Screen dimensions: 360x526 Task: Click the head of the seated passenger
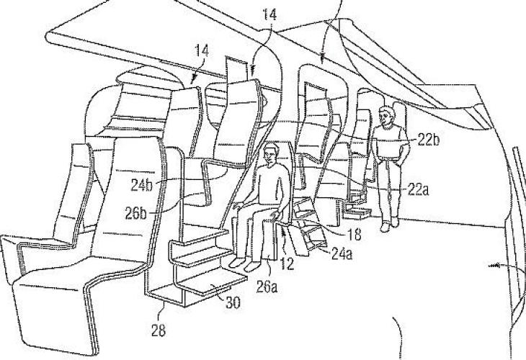point(272,154)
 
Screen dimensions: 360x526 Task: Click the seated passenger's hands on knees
point(276,214)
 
